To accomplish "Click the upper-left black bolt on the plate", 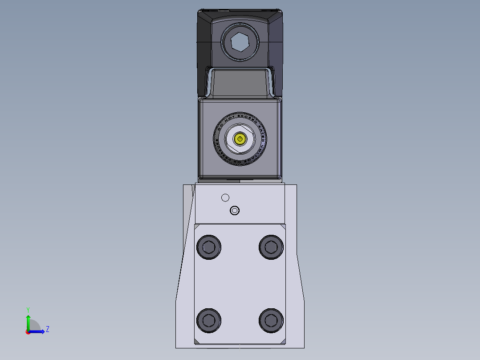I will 208,246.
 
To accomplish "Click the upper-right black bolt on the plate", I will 271,246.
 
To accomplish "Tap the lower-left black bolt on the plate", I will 208,320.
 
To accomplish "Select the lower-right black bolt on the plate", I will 271,320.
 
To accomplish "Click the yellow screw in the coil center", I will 240,139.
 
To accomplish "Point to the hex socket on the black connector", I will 240,43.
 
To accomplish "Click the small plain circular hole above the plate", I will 225,197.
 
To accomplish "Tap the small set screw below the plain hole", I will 234,210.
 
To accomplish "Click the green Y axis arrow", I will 28,320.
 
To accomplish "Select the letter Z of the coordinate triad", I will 47,329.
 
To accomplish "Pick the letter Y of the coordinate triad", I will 28,309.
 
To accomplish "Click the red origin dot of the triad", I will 28,331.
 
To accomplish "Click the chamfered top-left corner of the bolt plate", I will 196,226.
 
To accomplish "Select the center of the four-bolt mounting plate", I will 240,283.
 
